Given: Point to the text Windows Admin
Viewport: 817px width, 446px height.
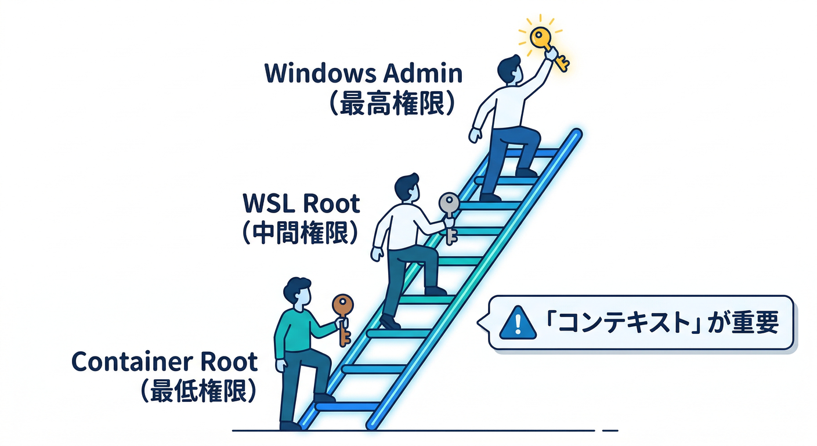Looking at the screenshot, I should pyautogui.click(x=363, y=74).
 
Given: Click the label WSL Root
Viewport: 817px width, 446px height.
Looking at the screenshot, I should pyautogui.click(x=301, y=204).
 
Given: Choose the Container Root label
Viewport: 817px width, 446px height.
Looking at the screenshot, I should pyautogui.click(x=164, y=362).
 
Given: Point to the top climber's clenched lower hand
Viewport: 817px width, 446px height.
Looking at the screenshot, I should pyautogui.click(x=475, y=135).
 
